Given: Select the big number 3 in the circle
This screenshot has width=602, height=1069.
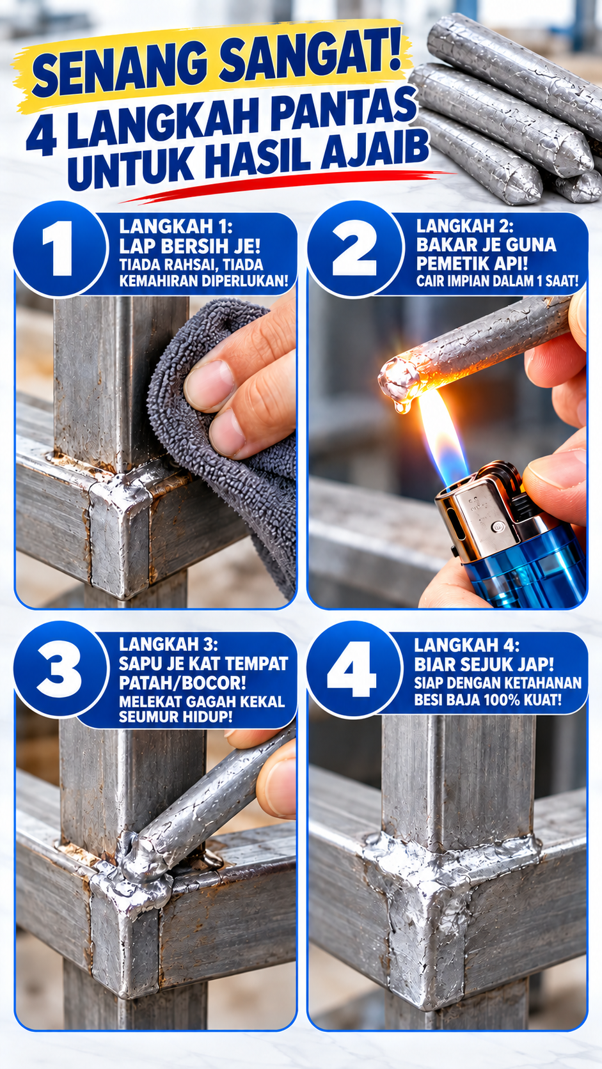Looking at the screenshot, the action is (x=59, y=668).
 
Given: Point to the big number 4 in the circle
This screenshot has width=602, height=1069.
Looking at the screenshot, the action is (x=352, y=668).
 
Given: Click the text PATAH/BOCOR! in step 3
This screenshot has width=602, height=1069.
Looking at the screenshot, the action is (x=182, y=683).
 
